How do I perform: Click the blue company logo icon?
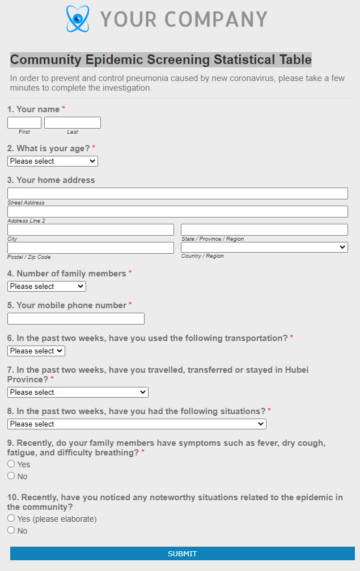78,19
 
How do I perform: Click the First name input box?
24,123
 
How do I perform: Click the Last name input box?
73,123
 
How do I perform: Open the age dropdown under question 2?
53,161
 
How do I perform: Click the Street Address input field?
177,194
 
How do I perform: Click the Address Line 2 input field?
177,212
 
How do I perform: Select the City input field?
91,230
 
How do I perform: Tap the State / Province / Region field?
264,230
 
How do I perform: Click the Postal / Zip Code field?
91,248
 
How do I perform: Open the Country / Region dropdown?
264,248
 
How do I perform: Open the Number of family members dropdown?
46,287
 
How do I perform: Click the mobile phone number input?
76,319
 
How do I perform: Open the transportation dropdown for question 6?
36,351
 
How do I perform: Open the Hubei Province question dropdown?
78,393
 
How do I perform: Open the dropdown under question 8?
137,424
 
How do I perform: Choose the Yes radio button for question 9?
11,464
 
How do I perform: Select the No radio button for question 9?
11,476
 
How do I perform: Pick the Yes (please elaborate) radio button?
11,518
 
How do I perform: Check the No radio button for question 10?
11,530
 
